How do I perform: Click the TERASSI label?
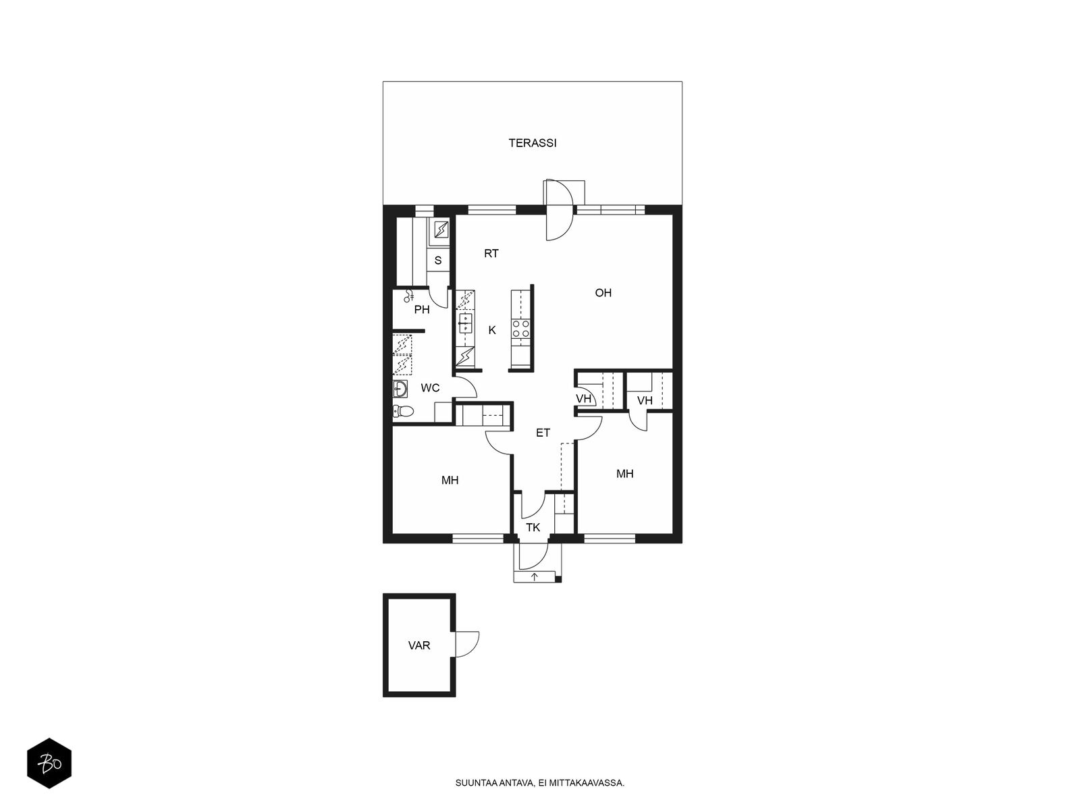pyautogui.click(x=533, y=143)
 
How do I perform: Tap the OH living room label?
pyautogui.click(x=603, y=293)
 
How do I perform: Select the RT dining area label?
pyautogui.click(x=491, y=254)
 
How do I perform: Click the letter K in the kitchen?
pyautogui.click(x=492, y=331)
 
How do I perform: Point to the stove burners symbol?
pyautogui.click(x=520, y=329)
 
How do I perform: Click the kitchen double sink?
pyautogui.click(x=466, y=323)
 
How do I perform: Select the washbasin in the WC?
pyautogui.click(x=400, y=389)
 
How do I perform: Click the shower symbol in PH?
pyautogui.click(x=408, y=296)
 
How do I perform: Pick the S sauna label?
pyautogui.click(x=438, y=261)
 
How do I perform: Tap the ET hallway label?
pyautogui.click(x=543, y=433)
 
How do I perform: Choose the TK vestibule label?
pyautogui.click(x=533, y=528)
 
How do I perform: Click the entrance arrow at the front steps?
pyautogui.click(x=535, y=576)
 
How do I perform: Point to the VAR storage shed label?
pyautogui.click(x=419, y=646)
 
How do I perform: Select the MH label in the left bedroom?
pyautogui.click(x=450, y=481)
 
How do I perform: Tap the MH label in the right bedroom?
pyautogui.click(x=625, y=474)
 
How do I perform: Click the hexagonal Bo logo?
pyautogui.click(x=49, y=763)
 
